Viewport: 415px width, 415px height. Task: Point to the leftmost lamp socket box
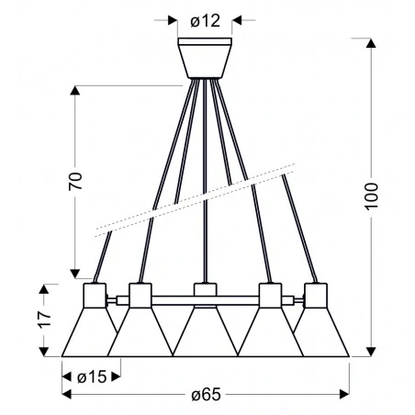tap(95, 295)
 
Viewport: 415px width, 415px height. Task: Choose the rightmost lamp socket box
tap(316, 295)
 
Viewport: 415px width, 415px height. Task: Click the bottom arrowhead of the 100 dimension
tap(372, 350)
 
